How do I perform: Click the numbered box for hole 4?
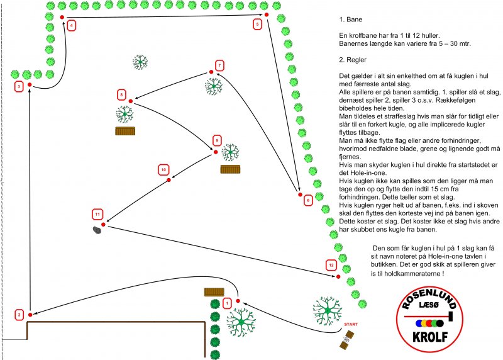(71, 25)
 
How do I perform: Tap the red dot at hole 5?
(266, 14)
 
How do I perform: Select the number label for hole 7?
(219, 65)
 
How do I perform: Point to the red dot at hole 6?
(301, 194)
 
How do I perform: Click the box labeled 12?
(331, 265)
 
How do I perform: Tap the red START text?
(351, 324)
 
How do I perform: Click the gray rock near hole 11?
(97, 230)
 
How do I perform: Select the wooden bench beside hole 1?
(214, 292)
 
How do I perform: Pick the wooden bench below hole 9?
(230, 169)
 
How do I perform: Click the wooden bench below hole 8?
(125, 131)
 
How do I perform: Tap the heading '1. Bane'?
(351, 20)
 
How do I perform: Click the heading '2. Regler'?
(353, 60)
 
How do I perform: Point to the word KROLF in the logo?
(430, 337)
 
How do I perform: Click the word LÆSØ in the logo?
(429, 305)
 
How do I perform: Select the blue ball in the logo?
(419, 323)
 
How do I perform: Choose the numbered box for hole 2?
(19, 315)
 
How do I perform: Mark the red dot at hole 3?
(30, 85)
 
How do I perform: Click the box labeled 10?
(163, 170)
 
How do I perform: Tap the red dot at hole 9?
(216, 152)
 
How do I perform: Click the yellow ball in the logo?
(424, 323)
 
